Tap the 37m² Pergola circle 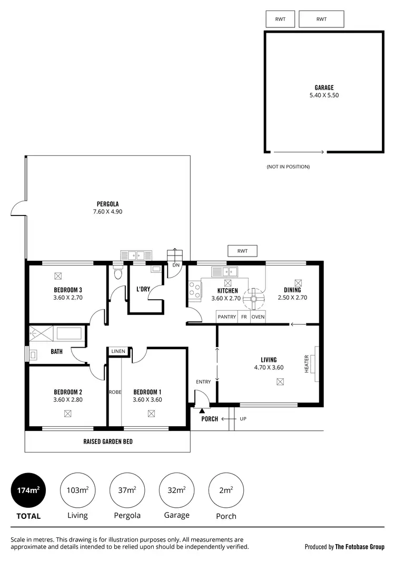[127, 490]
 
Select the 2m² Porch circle [226, 490]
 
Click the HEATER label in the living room [307, 363]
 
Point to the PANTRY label [227, 317]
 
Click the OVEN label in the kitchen [258, 317]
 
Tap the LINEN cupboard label [117, 351]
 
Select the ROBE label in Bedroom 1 [115, 392]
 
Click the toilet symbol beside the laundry [118, 273]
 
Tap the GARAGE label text [324, 88]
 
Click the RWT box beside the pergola [242, 251]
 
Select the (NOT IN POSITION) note [288, 166]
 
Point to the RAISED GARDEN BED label [107, 441]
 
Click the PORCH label [209, 419]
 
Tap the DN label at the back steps [175, 265]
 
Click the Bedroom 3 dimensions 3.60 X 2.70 [68, 298]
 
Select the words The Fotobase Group [360, 547]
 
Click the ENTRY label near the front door [203, 382]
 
